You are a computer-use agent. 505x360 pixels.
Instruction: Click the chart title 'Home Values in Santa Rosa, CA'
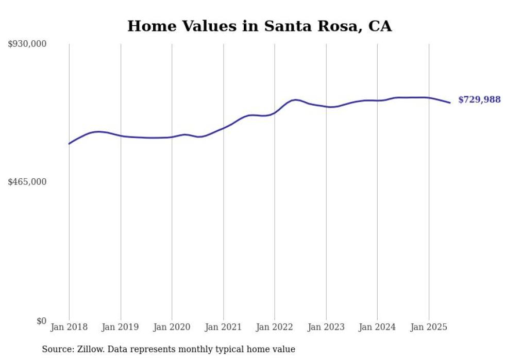259,26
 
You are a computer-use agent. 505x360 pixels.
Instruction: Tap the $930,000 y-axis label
27,44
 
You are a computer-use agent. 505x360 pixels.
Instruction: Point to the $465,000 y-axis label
27,182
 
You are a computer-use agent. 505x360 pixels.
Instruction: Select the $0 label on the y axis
41,321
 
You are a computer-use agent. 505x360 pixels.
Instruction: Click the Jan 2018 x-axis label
69,327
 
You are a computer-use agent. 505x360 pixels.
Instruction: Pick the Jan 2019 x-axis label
121,327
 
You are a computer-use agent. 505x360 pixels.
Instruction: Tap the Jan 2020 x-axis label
172,327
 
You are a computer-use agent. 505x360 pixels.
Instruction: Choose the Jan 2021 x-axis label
223,327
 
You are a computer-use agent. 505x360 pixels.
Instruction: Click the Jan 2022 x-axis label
275,327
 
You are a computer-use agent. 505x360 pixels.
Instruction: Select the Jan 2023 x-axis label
326,327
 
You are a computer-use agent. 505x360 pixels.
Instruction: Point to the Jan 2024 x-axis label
377,327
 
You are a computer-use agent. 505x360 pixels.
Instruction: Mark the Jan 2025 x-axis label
428,327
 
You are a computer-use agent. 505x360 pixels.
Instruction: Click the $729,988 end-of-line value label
479,100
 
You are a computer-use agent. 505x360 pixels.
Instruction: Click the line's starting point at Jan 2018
69,144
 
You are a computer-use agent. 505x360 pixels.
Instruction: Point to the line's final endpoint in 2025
450,102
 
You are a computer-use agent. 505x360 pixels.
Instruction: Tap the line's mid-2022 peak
295,99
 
